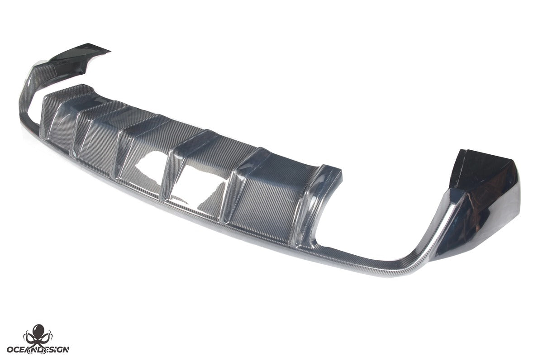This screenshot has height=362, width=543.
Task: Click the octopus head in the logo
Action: [x=39, y=331]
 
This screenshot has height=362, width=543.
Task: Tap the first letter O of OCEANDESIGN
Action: [x=11, y=349]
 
